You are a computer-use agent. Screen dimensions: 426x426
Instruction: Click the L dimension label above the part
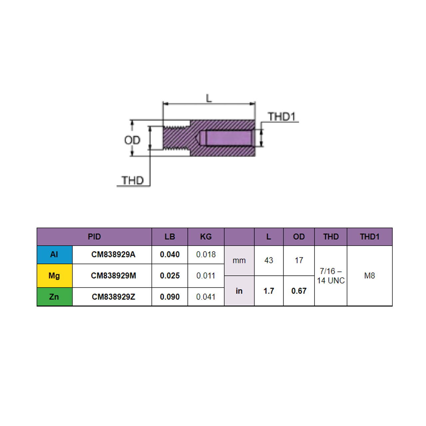(209, 98)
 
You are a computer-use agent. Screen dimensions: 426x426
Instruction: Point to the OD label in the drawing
(132, 140)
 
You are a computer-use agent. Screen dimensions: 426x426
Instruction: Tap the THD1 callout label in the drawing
(282, 117)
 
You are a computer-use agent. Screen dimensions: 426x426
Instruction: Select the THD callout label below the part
(132, 180)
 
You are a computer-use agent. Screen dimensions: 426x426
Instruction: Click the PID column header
(94, 237)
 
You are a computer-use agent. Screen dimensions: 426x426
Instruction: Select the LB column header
(170, 237)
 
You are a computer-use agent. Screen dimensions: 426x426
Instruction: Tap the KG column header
(206, 237)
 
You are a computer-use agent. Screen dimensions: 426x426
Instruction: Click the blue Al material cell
(54, 255)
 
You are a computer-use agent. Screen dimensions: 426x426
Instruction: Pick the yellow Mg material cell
(54, 276)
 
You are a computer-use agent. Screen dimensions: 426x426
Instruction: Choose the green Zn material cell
(54, 297)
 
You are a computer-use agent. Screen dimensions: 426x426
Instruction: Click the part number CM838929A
(113, 255)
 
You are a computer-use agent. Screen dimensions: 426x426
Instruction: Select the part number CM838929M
(113, 276)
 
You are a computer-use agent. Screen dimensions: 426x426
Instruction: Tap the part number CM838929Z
(113, 297)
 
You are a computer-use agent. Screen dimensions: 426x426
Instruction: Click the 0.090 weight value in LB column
(170, 297)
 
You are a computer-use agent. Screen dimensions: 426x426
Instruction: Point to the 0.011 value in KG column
(206, 276)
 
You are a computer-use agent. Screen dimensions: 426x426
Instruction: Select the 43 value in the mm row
(269, 260)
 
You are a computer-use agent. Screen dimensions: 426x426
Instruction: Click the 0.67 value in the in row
(299, 291)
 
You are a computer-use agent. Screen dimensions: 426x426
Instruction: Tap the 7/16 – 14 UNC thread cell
(330, 276)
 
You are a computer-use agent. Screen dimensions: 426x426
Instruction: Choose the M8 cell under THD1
(369, 276)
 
